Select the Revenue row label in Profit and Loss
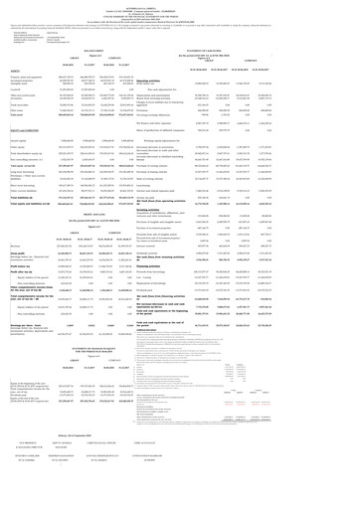20,269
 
